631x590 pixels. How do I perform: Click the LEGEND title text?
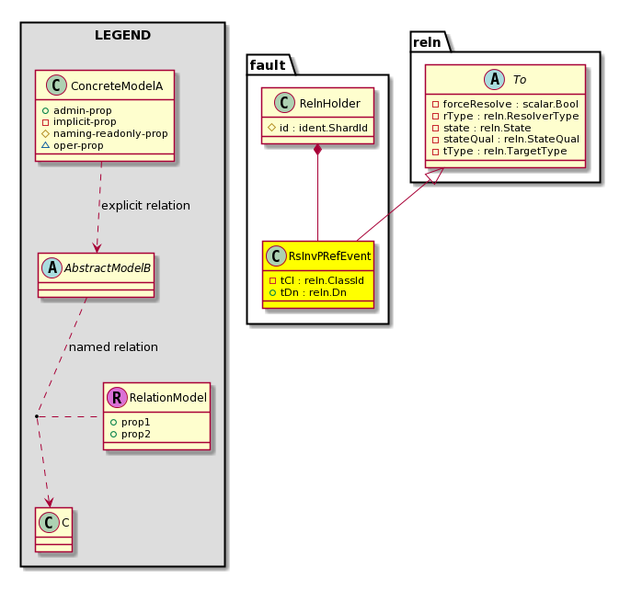coord(122,36)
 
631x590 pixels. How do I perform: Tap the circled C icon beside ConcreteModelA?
coord(56,85)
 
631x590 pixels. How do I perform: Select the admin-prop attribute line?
coord(77,110)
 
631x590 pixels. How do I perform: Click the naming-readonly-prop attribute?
coord(105,133)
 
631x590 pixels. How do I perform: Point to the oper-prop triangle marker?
coord(45,145)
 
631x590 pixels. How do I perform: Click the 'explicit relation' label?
coord(145,206)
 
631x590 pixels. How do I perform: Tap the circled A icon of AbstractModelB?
coord(52,267)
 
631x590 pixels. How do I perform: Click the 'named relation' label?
coord(113,347)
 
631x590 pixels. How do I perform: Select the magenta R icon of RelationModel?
coord(117,397)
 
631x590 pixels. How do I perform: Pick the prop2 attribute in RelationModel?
coord(131,435)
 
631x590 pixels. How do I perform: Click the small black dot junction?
coord(37,416)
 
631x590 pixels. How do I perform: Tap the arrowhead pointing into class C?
coord(49,503)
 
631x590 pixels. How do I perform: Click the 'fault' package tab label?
coord(268,65)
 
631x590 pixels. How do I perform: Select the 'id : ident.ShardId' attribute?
coord(318,128)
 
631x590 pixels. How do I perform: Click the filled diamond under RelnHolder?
coord(318,149)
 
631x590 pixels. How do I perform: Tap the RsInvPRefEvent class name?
coord(329,256)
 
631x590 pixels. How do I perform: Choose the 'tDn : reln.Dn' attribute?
coord(308,292)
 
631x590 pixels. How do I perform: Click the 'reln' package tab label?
coord(427,42)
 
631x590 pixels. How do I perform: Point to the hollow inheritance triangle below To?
coord(436,176)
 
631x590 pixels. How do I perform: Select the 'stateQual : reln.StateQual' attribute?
coord(506,139)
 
